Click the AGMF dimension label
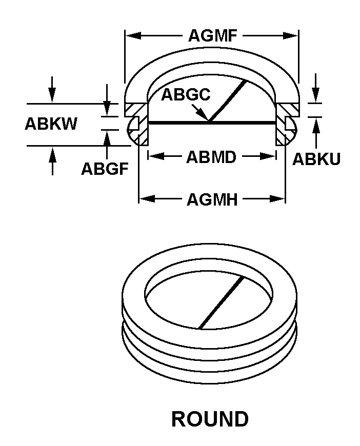pyautogui.click(x=213, y=36)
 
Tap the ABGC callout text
pyautogui.click(x=186, y=94)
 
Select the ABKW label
pyautogui.click(x=51, y=124)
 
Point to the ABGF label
pyautogui.click(x=105, y=169)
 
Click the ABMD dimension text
pyautogui.click(x=211, y=157)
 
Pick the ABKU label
pyautogui.click(x=316, y=159)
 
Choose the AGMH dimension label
pyautogui.click(x=212, y=199)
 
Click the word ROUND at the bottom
pyautogui.click(x=210, y=419)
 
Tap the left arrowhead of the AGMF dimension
pyautogui.click(x=133, y=36)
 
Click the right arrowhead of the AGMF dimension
pyautogui.click(x=291, y=36)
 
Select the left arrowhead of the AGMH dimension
pyautogui.click(x=147, y=199)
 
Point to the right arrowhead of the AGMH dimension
pyautogui.click(x=277, y=199)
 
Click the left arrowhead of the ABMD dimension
pyautogui.click(x=156, y=156)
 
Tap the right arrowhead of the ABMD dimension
pyautogui.click(x=268, y=156)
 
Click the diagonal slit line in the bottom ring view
pyautogui.click(x=221, y=302)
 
